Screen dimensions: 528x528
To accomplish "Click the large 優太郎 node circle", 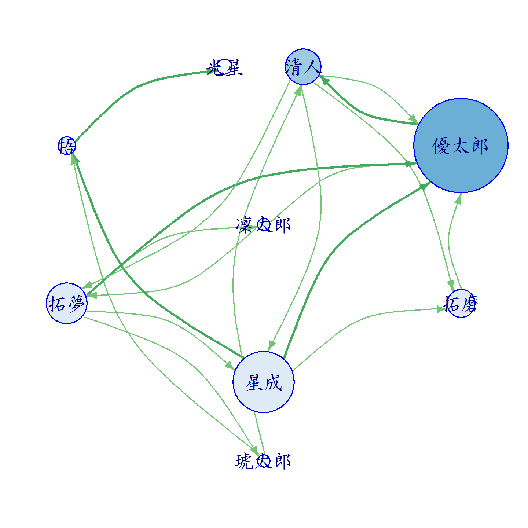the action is tap(461, 145).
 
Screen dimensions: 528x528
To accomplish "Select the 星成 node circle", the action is tap(264, 382).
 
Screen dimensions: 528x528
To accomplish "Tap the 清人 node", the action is tap(303, 67).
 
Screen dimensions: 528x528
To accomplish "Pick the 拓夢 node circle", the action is tap(67, 303).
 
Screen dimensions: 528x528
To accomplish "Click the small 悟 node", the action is tap(67, 146).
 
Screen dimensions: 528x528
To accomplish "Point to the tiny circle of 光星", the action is tap(224, 67).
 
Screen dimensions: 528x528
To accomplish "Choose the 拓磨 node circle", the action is tap(461, 303).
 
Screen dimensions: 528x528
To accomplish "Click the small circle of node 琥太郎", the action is tap(264, 461).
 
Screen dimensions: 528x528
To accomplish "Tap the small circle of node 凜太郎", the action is tap(264, 225).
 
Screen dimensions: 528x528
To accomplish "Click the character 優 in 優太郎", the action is tap(441, 146).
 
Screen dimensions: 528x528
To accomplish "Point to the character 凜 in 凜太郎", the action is tap(244, 225).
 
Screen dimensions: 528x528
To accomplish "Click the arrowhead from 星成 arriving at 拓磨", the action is tap(442, 309).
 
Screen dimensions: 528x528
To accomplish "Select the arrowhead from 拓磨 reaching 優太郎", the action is tap(458, 198).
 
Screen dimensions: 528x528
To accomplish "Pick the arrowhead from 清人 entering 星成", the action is tap(271, 345).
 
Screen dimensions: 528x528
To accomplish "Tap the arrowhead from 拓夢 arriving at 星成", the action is tap(230, 366).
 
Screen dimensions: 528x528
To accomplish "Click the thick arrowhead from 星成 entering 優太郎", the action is tap(425, 186).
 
